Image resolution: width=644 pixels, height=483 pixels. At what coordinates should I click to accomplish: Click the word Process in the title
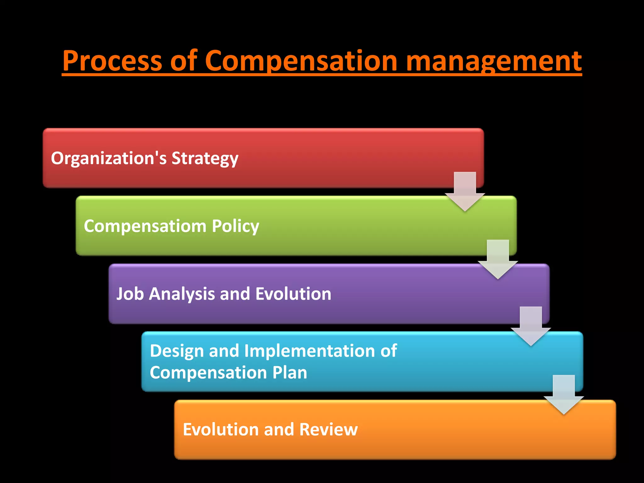(x=112, y=61)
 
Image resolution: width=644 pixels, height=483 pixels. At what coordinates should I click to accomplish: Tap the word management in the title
(x=494, y=61)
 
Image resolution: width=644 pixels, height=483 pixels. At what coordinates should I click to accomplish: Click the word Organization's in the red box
(x=108, y=158)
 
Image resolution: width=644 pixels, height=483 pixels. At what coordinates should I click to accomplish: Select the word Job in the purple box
(x=130, y=294)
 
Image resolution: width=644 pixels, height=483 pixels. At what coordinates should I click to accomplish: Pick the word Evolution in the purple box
(x=293, y=294)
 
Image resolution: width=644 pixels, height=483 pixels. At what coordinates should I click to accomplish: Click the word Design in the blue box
(x=176, y=351)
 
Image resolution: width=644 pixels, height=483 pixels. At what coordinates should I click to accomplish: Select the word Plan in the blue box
(x=289, y=373)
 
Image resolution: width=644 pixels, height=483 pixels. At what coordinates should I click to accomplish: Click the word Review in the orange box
(x=328, y=430)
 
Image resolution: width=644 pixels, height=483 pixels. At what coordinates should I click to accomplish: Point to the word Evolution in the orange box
(x=220, y=430)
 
